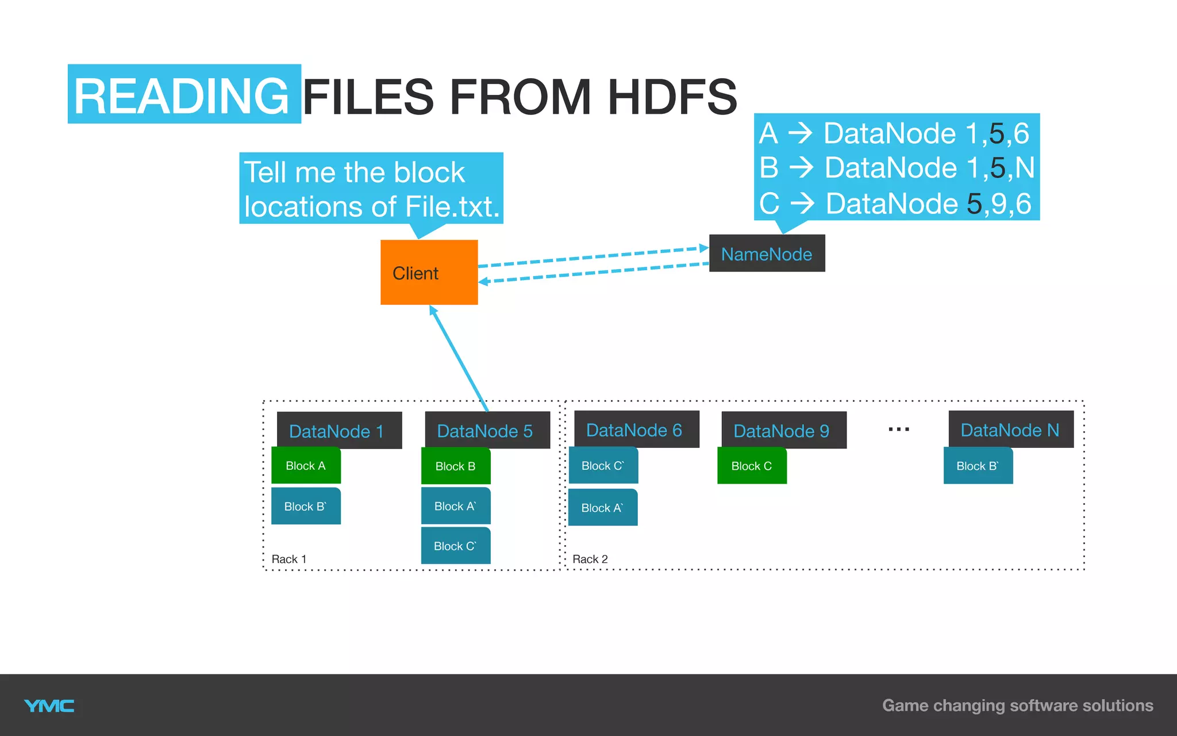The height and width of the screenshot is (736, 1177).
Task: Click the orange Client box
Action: [429, 272]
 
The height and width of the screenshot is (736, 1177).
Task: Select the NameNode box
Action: [767, 254]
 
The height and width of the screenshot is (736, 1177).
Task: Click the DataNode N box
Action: [1010, 430]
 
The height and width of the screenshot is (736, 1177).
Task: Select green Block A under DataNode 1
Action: [306, 466]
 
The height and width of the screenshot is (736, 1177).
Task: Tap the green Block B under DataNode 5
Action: [456, 466]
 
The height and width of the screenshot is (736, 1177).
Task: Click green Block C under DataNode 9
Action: [752, 466]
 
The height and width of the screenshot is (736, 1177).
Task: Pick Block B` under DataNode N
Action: [978, 466]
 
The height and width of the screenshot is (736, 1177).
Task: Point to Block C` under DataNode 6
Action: [603, 466]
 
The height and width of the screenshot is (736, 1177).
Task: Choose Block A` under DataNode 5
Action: [456, 506]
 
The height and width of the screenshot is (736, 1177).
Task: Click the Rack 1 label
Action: [289, 559]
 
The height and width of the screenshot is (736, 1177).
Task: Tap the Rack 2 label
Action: [590, 559]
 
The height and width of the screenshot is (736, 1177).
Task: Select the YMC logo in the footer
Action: [49, 706]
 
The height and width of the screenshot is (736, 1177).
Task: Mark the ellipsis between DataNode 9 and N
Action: [898, 430]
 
